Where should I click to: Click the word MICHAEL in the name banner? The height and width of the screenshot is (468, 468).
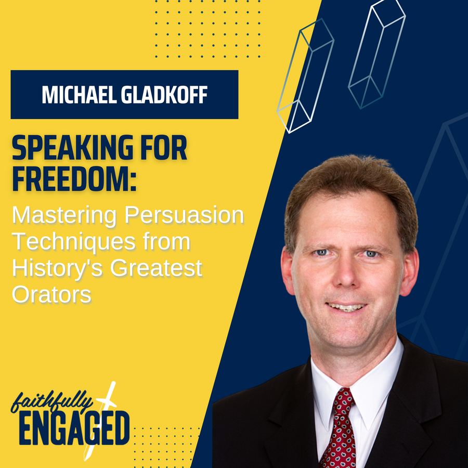point(79,95)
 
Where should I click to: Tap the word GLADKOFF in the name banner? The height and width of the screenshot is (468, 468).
point(164,95)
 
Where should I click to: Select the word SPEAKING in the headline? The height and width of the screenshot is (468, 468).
point(72,148)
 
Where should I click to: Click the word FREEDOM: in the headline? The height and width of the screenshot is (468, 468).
point(74,178)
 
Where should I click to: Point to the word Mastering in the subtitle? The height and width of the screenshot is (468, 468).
point(64,215)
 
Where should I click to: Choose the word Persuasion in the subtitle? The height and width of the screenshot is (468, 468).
point(184,215)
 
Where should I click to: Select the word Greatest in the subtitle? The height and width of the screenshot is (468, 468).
point(156,268)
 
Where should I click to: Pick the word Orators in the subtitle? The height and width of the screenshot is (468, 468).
point(51,295)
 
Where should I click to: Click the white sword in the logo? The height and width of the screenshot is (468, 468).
point(100,420)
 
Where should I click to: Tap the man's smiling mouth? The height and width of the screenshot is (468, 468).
point(346,307)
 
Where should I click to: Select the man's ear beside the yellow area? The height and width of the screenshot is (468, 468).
point(288,271)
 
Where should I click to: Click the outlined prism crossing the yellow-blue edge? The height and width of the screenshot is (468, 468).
point(305,76)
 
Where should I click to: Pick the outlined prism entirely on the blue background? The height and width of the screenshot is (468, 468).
point(376,54)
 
